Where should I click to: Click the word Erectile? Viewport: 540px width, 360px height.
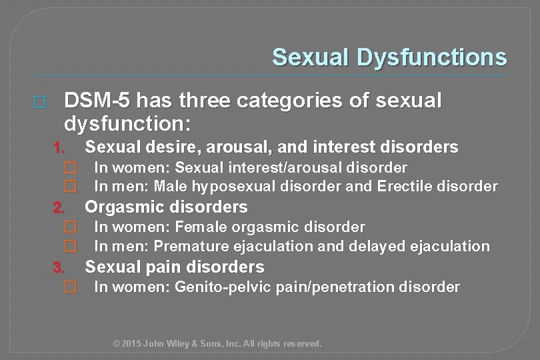coord(406,186)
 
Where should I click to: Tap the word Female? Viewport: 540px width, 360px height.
coord(201,227)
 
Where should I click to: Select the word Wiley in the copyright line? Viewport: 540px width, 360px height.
coord(183,344)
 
